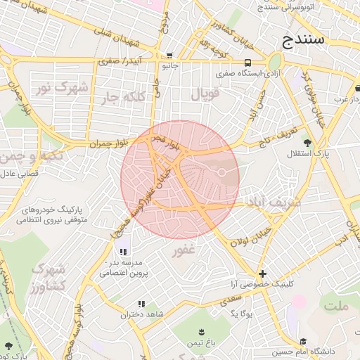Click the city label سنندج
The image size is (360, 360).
pyautogui.click(x=304, y=39)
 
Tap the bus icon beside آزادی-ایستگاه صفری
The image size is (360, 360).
pyautogui.click(x=247, y=61)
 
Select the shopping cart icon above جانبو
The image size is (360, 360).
pyautogui.click(x=169, y=56)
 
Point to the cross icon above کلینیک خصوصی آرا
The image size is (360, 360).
pyautogui.click(x=262, y=274)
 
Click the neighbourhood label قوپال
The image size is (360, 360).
pyautogui.click(x=205, y=92)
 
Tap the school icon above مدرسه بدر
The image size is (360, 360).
pyautogui.click(x=124, y=252)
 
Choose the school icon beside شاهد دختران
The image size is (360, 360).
pyautogui.click(x=141, y=304)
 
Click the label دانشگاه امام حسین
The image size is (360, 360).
pyautogui.click(x=313, y=350)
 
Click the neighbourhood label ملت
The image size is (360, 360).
pyautogui.click(x=337, y=305)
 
